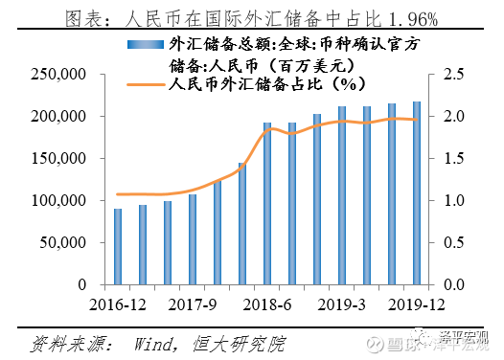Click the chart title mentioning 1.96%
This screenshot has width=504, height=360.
coord(251,16)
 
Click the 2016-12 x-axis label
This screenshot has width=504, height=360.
coord(118,304)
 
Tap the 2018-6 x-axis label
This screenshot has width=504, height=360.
coord(268,304)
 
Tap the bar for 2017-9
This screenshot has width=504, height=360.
coord(193,239)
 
